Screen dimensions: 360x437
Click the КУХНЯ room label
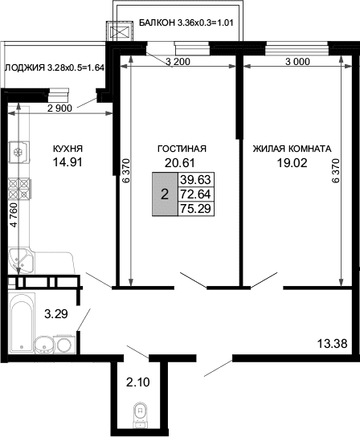(67, 149)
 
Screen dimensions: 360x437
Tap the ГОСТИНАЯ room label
(182, 149)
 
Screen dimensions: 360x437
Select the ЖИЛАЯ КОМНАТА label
(292, 149)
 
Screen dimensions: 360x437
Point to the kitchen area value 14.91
(67, 162)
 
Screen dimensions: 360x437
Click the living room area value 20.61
(179, 163)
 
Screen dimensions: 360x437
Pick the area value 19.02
(292, 163)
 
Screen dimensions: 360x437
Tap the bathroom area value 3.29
(56, 314)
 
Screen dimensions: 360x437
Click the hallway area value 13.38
(333, 344)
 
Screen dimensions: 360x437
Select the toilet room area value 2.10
(138, 382)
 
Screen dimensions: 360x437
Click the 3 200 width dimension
(178, 62)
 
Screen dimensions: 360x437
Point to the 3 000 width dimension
(297, 62)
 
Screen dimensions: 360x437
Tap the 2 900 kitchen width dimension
(59, 108)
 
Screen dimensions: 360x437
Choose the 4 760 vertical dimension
(14, 214)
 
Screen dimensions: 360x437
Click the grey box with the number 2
(165, 194)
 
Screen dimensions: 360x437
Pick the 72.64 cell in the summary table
(196, 194)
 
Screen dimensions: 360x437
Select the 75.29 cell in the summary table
(196, 209)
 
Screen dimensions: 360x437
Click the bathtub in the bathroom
(22, 323)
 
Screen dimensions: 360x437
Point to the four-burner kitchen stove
(19, 189)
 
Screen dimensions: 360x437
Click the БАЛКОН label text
(157, 22)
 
